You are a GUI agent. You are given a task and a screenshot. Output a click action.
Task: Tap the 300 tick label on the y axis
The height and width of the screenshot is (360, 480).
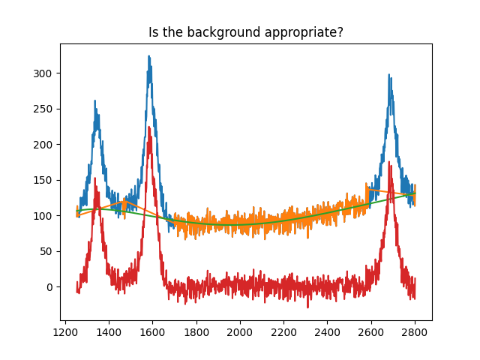coord(45,73)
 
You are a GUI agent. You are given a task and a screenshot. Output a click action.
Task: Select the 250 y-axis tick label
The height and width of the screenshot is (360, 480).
coord(45,109)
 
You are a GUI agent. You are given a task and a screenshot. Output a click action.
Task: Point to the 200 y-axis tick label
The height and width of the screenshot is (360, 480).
coord(45,145)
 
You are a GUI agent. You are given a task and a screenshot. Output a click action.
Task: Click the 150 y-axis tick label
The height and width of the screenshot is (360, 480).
coord(45,180)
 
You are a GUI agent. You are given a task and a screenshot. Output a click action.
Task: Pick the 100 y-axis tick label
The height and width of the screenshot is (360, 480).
coord(45,216)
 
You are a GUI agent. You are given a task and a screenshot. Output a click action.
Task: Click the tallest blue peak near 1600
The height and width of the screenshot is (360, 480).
coord(149,56)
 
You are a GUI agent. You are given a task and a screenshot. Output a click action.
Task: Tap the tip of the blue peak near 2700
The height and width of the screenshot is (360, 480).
coord(389,74)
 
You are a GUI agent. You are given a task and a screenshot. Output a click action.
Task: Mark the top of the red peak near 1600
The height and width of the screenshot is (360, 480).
coord(149,127)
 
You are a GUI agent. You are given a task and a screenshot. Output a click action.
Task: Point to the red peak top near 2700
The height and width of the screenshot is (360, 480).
coord(390,163)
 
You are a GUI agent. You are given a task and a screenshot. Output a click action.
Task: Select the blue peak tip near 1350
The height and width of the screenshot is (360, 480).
coord(95,100)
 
